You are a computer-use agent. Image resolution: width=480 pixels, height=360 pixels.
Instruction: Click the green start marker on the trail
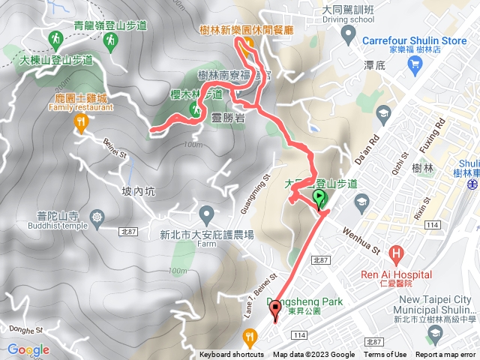point(319,199)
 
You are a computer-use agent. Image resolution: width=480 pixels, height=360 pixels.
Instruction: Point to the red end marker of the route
point(274,308)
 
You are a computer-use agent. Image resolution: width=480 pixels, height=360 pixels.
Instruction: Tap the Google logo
point(28,349)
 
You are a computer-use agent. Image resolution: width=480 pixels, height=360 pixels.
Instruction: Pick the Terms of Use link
point(385,355)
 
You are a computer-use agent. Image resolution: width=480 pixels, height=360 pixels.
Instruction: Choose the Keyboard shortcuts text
point(231,355)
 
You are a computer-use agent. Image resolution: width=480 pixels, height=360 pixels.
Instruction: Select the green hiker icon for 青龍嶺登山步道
point(110,39)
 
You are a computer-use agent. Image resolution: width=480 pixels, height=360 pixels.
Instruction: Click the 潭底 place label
point(374,66)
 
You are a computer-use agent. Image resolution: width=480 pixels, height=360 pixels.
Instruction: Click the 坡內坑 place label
point(137,191)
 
